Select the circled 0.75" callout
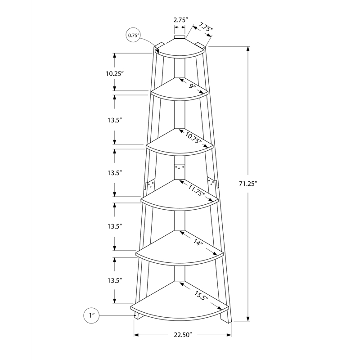click(x=134, y=35)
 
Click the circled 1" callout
click(x=91, y=316)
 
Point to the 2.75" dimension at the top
click(x=180, y=20)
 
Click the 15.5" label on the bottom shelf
click(x=201, y=296)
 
